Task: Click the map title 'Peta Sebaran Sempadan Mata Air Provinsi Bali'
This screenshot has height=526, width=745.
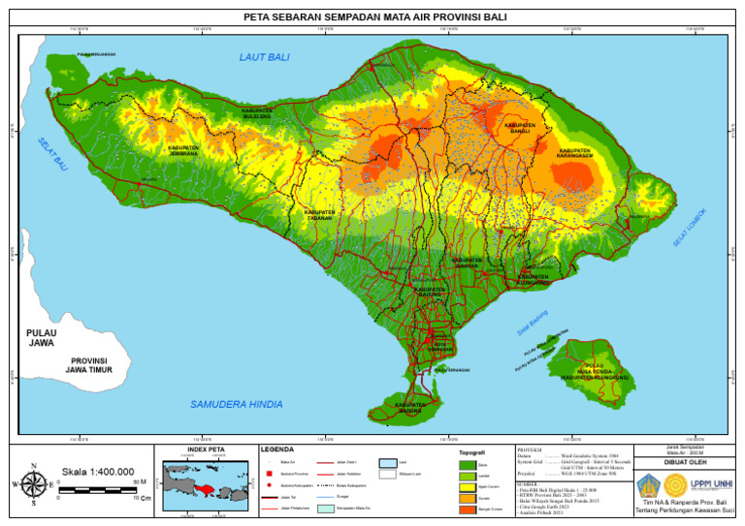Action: [372, 16]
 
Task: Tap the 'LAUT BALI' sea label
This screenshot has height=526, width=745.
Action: [265, 58]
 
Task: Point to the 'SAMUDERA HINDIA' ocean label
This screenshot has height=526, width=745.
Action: [237, 404]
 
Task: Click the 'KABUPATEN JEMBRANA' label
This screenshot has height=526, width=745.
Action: [183, 151]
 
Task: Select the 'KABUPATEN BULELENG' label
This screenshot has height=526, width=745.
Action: [257, 114]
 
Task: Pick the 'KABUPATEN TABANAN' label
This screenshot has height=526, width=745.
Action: [320, 215]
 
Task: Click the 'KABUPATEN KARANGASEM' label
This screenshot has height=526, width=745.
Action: [574, 153]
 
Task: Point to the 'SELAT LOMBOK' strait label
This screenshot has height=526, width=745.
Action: [690, 227]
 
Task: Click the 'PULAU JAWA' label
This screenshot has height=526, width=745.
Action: [42, 338]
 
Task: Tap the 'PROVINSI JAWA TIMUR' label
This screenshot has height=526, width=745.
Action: [86, 365]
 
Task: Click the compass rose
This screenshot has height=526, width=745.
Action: [33, 481]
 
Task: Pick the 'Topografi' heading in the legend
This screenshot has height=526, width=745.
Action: [471, 452]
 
